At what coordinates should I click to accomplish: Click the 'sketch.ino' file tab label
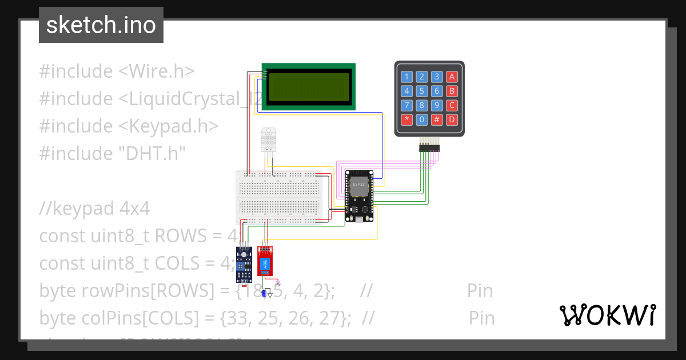click(101, 25)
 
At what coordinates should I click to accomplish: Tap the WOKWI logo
click(607, 315)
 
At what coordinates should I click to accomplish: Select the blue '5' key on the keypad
click(421, 91)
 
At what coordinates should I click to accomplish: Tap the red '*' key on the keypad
click(406, 119)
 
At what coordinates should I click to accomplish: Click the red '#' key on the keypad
click(436, 119)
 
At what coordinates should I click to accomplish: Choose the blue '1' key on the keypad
click(406, 77)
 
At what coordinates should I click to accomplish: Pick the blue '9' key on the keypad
click(436, 105)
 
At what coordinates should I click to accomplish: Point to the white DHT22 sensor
click(268, 139)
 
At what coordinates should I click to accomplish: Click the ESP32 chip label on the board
click(358, 185)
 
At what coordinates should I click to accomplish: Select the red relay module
click(265, 264)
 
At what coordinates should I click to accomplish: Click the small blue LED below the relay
click(264, 294)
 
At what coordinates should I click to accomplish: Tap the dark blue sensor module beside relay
click(244, 264)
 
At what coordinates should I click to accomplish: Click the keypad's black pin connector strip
click(430, 148)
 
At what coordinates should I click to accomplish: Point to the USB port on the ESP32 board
click(358, 219)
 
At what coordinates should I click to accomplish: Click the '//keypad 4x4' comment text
click(94, 209)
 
